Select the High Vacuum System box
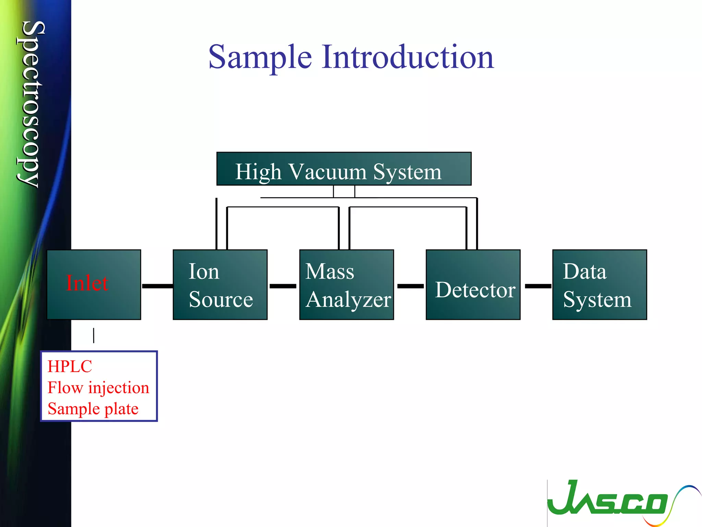(x=343, y=169)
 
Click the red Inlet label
(x=87, y=283)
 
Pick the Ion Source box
(x=220, y=285)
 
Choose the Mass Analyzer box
(x=346, y=285)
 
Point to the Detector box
(x=473, y=285)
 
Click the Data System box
(x=599, y=285)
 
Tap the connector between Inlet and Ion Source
(x=157, y=286)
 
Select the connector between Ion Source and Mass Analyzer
(x=283, y=286)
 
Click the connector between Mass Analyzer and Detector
(x=410, y=286)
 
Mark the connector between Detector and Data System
(x=538, y=286)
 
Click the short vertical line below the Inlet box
(x=94, y=335)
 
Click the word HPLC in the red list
(x=70, y=366)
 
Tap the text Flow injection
(x=98, y=388)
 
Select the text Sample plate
(x=93, y=409)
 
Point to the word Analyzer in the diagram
(x=348, y=300)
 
